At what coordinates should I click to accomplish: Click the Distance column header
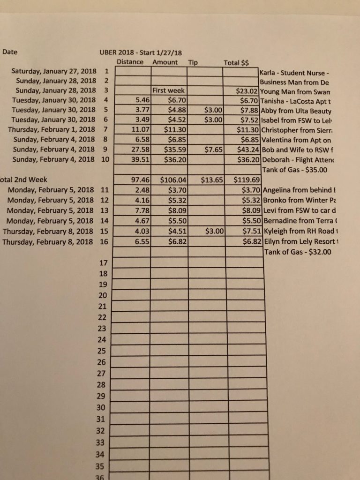pos(130,62)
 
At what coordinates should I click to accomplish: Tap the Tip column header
pos(193,62)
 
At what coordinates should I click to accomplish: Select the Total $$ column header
pos(236,62)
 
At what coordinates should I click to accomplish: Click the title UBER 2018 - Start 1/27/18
pos(141,52)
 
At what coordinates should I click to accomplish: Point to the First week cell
pos(169,90)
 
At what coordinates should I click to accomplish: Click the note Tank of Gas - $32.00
pos(298,252)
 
